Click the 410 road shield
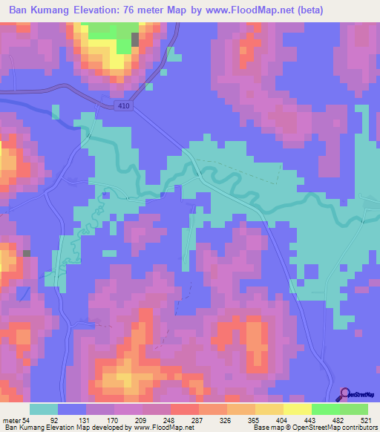[125, 106]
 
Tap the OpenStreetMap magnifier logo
[347, 393]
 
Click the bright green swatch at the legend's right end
[353, 410]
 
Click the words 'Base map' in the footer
[265, 428]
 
